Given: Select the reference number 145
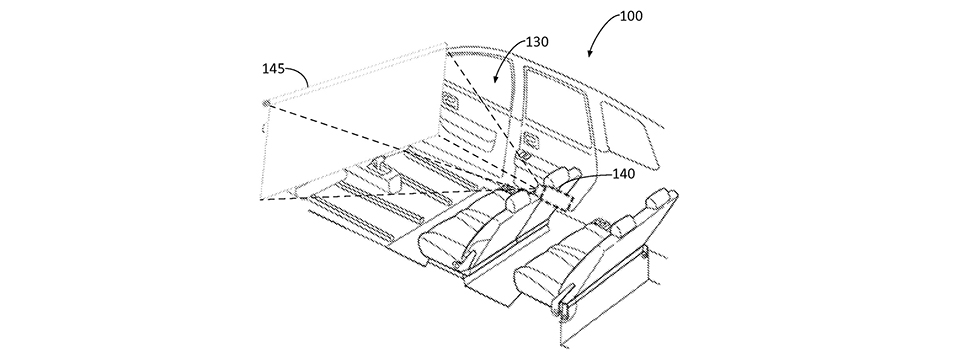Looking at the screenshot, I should (272, 69).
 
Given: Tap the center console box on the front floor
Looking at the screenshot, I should (391, 179).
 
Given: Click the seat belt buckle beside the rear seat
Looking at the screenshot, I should (578, 297).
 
